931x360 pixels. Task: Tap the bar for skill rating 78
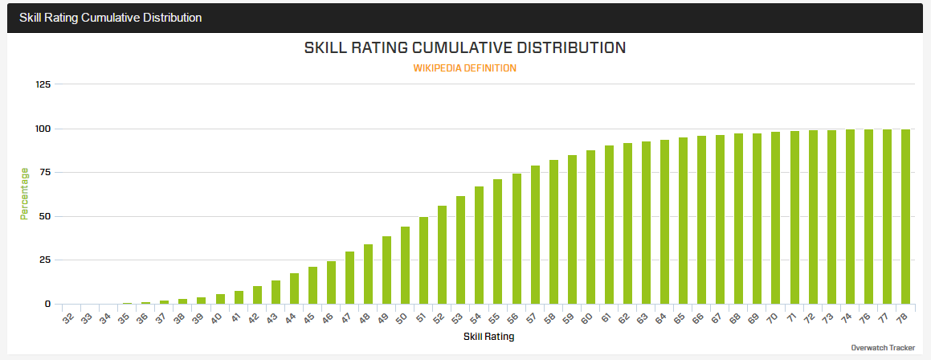905,217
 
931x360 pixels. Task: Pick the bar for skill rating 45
312,285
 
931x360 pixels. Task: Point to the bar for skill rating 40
220,299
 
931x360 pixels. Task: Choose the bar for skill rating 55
497,241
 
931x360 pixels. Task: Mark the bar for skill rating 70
775,218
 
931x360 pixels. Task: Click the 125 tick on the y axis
43,84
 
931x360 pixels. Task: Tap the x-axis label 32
68,319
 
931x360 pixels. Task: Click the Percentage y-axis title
24,193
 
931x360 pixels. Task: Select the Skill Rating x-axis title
488,337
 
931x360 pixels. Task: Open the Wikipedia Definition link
464,68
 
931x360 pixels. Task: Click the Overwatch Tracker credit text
882,348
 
